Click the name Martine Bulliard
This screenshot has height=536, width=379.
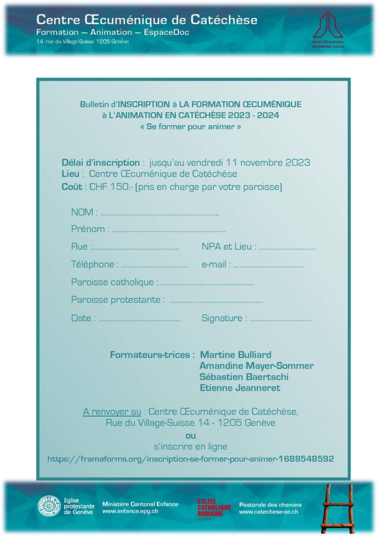click(236, 355)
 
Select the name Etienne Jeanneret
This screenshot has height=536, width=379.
click(240, 388)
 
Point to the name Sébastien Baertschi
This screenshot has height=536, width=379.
click(244, 377)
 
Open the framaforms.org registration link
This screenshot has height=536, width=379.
click(191, 459)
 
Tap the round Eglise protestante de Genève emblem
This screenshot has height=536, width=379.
click(49, 506)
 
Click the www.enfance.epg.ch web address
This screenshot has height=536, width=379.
click(130, 511)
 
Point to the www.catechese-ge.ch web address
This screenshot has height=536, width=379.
click(268, 511)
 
